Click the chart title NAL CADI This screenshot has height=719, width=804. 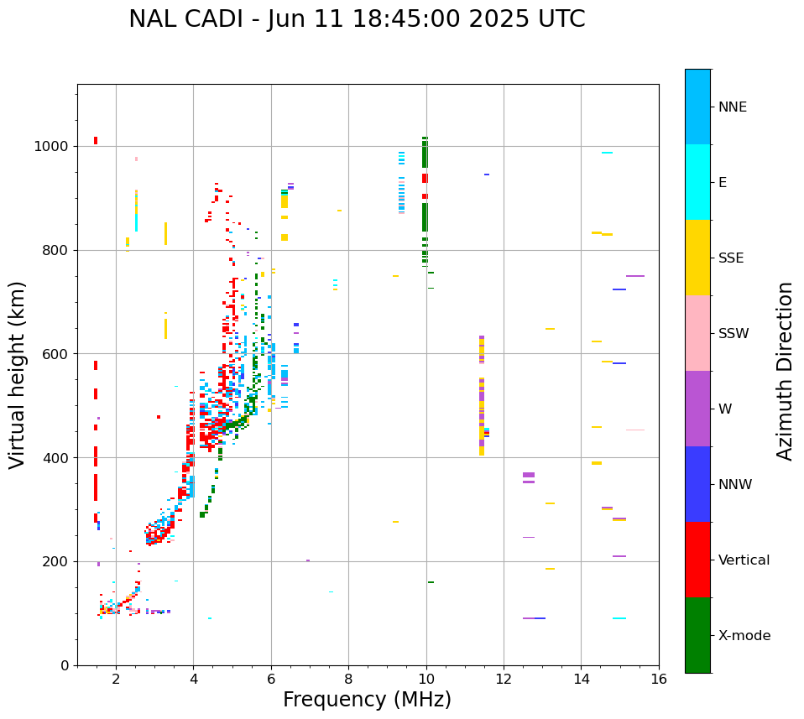pos(357,19)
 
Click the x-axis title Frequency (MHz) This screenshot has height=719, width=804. pos(367,700)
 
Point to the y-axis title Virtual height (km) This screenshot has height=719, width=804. pos(18,375)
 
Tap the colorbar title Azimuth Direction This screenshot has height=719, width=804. pos(785,371)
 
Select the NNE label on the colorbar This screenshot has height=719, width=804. pos(732,107)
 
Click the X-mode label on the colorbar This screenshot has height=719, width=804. pos(744,636)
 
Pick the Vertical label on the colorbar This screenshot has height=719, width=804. pos(744,560)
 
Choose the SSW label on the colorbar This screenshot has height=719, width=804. pos(734,334)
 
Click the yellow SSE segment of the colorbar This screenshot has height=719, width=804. pos(697,258)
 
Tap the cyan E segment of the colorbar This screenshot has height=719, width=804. pos(697,182)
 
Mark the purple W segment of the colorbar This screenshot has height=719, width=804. pos(697,409)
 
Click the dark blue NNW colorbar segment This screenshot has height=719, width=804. pos(697,484)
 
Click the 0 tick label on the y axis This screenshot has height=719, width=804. pos(65,666)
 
